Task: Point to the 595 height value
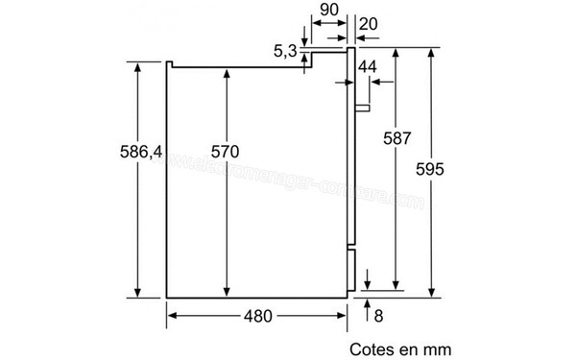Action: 432,169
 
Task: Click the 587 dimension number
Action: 393,136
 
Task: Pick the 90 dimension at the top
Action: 329,9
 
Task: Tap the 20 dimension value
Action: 366,23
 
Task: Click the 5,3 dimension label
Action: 285,52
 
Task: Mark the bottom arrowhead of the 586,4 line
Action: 137,292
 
